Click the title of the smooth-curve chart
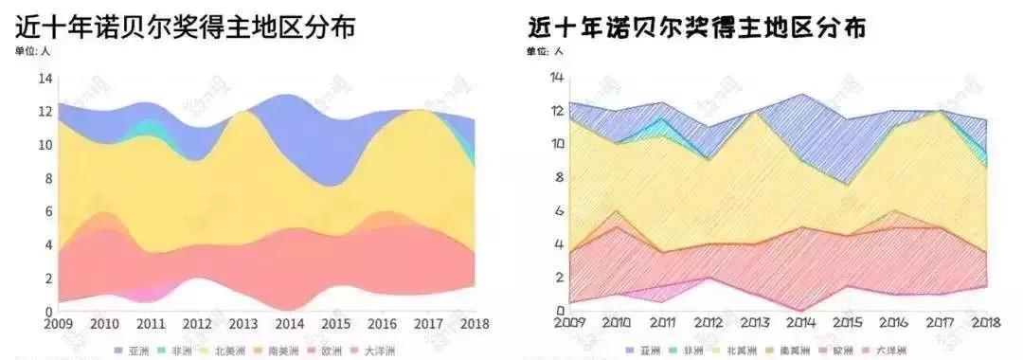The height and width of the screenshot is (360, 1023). [186, 27]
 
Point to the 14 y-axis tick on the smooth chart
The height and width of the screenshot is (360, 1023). [44, 80]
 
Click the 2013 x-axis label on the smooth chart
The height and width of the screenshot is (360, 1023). [243, 324]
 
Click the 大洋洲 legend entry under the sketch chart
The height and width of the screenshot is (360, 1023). [890, 351]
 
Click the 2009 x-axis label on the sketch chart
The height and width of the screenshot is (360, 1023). [568, 324]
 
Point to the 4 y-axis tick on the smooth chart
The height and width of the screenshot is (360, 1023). [47, 245]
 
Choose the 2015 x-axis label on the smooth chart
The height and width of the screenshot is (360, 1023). [336, 324]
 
